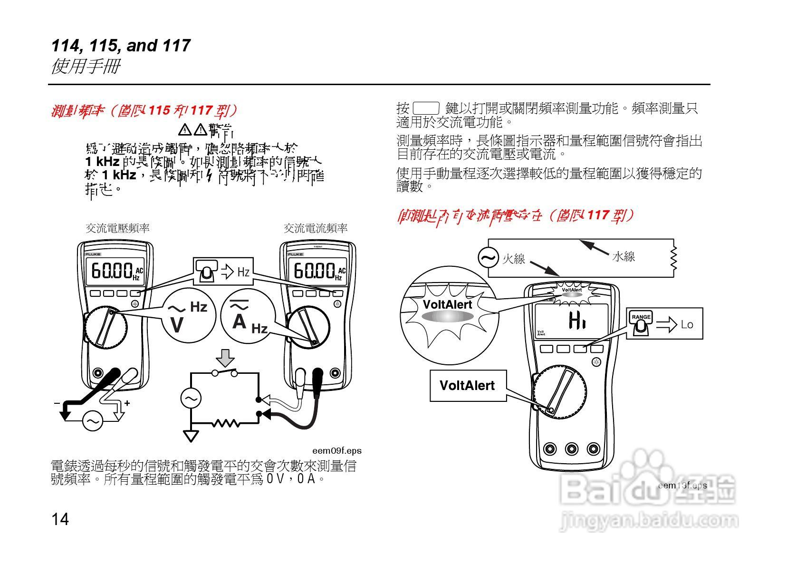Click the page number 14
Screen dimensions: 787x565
pos(60,519)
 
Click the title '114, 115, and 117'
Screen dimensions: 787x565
pos(121,46)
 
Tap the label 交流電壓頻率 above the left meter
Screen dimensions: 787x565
pos(117,228)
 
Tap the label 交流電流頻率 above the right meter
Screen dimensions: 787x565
pos(316,228)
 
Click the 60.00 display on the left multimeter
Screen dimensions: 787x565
pos(112,272)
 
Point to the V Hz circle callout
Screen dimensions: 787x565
pos(189,315)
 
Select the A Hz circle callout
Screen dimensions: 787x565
pos(248,315)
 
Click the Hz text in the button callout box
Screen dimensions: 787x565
pos(243,272)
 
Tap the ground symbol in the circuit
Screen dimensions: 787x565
pos(191,436)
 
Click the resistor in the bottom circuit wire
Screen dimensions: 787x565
pos(226,423)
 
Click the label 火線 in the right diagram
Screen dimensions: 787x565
pos(514,259)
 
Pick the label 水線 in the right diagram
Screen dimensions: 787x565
pos(624,257)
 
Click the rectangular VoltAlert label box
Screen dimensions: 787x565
pos(467,386)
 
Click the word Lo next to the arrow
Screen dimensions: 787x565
pos(687,324)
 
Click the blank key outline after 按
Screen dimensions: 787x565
pos(426,108)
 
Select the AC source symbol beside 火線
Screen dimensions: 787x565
pos(488,258)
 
